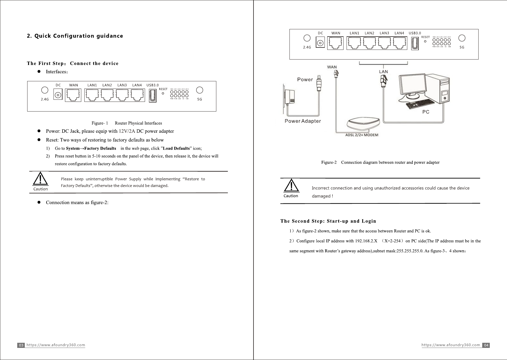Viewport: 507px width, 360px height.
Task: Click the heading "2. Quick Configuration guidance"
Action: tap(75, 36)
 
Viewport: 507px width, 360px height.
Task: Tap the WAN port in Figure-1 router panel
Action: tap(73, 95)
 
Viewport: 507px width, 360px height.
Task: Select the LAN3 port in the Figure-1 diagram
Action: tap(122, 95)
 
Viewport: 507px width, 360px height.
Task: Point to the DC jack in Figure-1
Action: tap(58, 95)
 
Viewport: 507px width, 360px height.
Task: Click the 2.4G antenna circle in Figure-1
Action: tap(44, 90)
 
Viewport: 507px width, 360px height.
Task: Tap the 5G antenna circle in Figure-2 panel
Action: tap(462, 38)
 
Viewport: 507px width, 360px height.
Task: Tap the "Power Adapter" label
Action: tap(303, 121)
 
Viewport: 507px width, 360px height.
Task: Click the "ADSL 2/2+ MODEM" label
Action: tap(361, 135)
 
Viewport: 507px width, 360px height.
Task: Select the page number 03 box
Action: tap(21, 345)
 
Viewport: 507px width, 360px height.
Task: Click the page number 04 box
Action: tap(486, 345)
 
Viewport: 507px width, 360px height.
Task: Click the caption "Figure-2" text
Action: tap(329, 162)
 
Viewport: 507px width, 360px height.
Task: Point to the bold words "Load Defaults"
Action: tap(176, 148)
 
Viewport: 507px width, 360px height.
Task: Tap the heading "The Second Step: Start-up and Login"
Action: tap(328, 221)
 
